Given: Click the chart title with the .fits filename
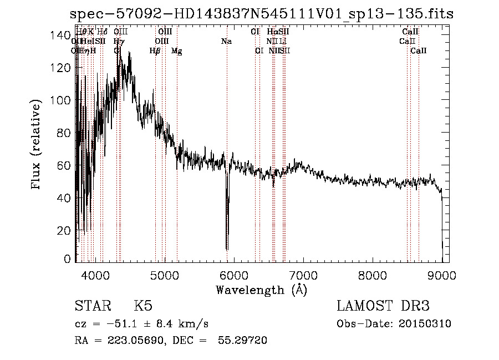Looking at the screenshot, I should pyautogui.click(x=262, y=14).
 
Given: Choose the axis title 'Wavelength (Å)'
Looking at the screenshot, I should pyautogui.click(x=261, y=290).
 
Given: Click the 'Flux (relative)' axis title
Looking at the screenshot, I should pyautogui.click(x=37, y=145).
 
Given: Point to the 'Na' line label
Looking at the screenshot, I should pyautogui.click(x=226, y=42).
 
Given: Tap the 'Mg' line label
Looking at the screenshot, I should pyautogui.click(x=176, y=51).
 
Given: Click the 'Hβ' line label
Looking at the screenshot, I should pyautogui.click(x=155, y=51).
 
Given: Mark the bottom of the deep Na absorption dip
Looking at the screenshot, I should pyautogui.click(x=227, y=249).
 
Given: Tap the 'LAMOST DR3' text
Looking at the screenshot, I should pyautogui.click(x=383, y=306).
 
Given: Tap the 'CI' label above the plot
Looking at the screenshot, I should pyautogui.click(x=255, y=32).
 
